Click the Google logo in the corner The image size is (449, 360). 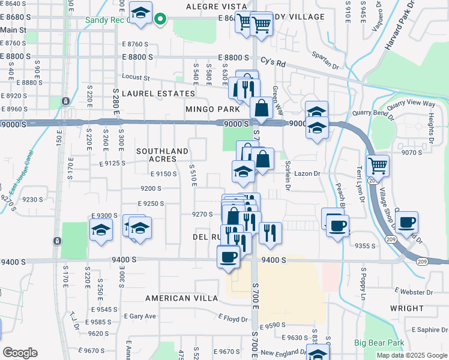20,353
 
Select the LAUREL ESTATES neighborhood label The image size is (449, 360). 158,94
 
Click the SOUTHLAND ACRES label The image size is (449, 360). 162,155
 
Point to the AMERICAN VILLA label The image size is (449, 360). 177,298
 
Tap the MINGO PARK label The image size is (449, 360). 212,109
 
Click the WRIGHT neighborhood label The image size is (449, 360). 406,308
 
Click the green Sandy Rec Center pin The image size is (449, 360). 160,19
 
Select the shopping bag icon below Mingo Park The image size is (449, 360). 262,109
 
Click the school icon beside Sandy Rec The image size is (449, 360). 141,13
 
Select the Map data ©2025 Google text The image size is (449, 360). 412,355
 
